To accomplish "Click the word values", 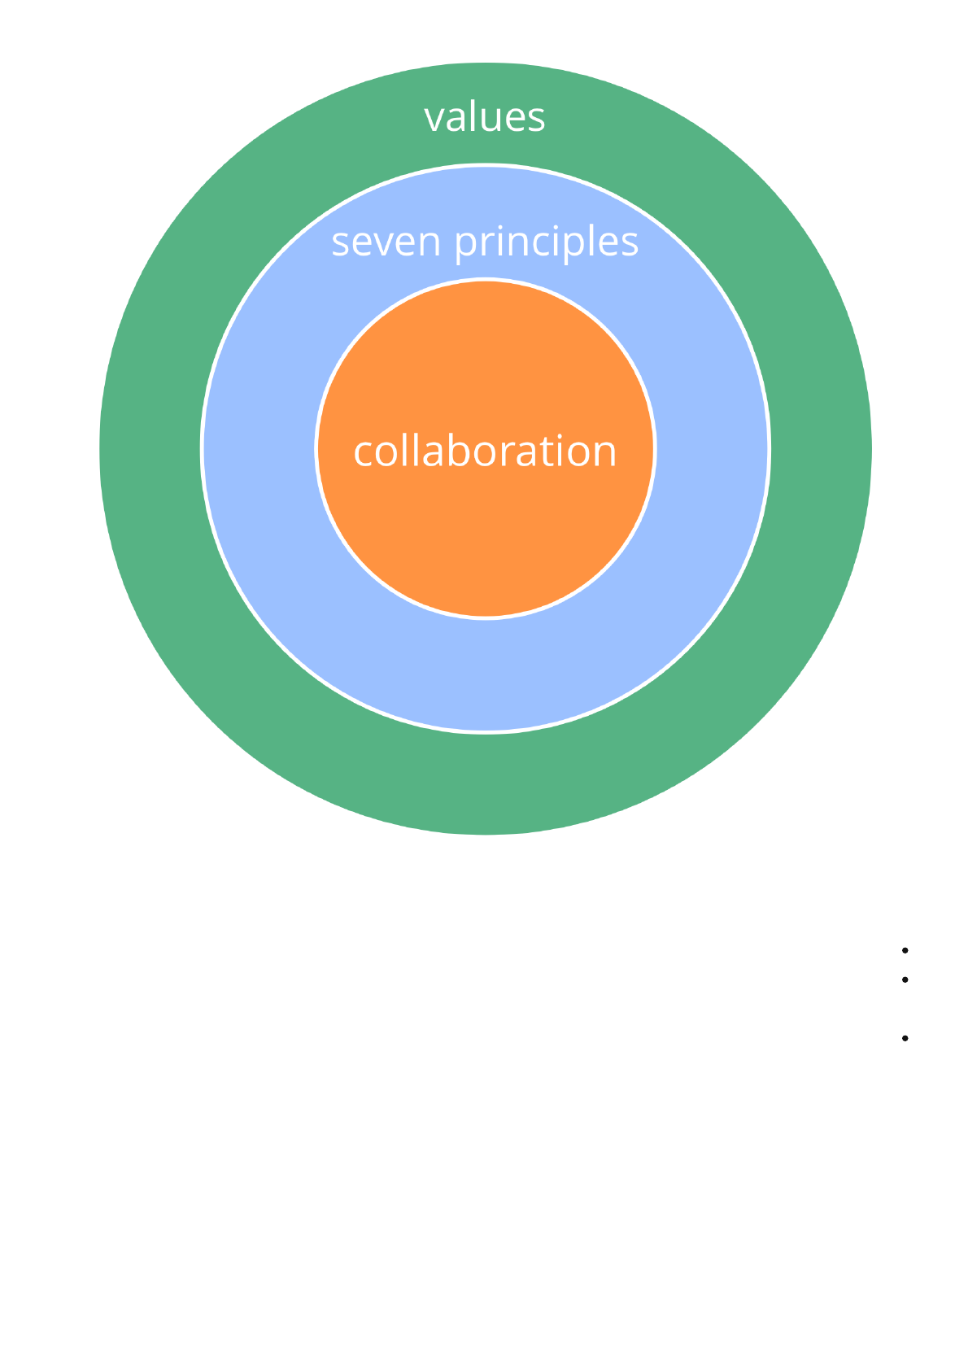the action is click(485, 117).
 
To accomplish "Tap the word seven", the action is click(386, 242).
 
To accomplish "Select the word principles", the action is click(547, 242).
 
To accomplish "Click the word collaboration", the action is click(485, 451).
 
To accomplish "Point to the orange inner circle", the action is click(485, 529).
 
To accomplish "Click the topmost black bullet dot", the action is click(905, 950).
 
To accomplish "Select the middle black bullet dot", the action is click(905, 980).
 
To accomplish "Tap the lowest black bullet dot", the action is click(905, 1038).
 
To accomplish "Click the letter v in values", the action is click(434, 119).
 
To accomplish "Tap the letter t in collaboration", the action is click(550, 452).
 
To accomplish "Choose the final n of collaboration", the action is click(605, 453).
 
